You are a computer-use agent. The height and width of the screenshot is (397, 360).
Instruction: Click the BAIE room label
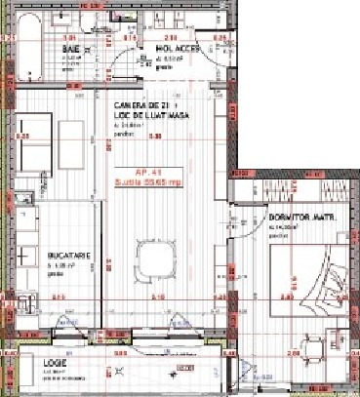[70, 48]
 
